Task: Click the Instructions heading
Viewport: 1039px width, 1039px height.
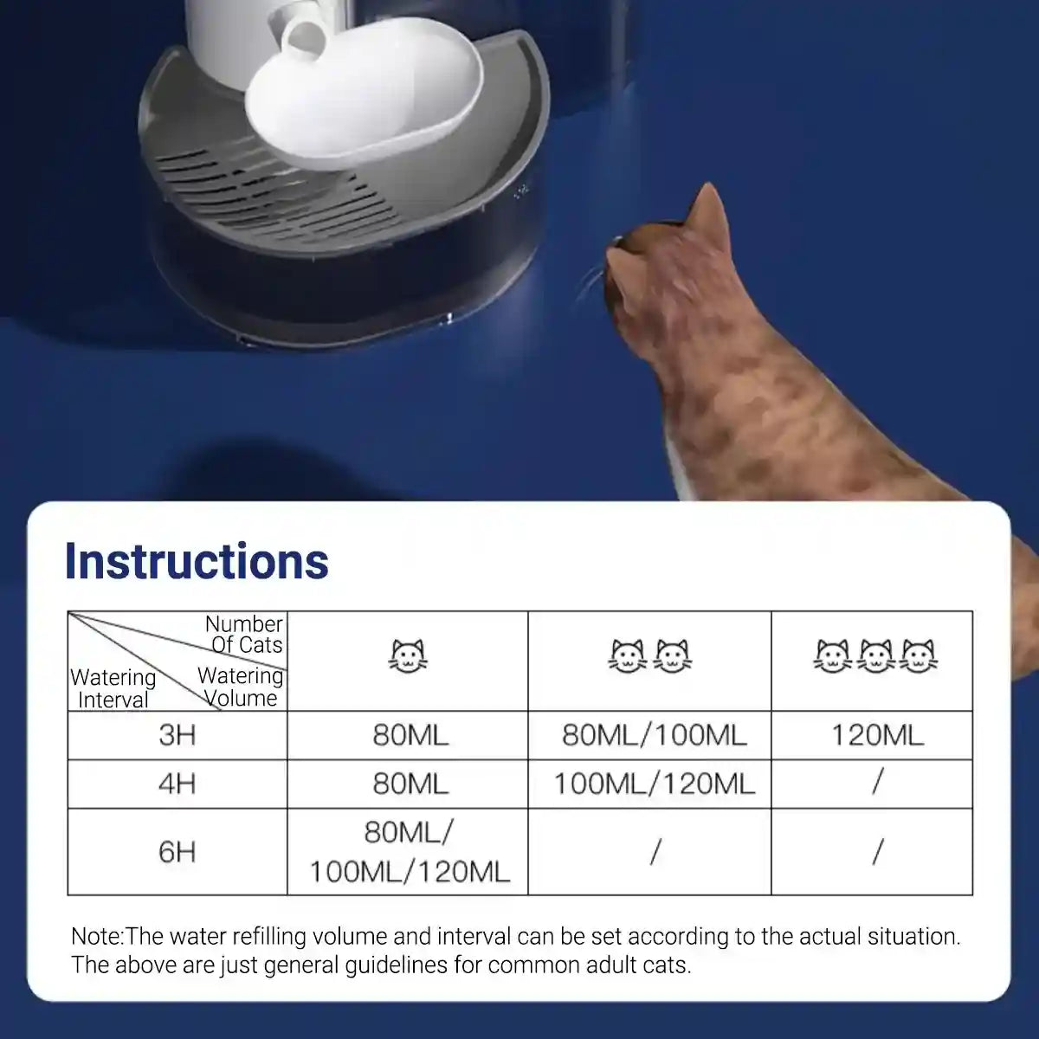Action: [197, 561]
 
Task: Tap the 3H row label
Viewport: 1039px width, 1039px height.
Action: [177, 735]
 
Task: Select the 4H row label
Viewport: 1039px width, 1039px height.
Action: [177, 784]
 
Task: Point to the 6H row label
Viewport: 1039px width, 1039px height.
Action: [177, 851]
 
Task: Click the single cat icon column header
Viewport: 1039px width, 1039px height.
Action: [408, 656]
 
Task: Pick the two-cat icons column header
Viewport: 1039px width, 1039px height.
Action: [649, 656]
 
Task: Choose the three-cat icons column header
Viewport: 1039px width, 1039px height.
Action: [874, 656]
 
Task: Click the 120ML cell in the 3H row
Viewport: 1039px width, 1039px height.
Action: [877, 735]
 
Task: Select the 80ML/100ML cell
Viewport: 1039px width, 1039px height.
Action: [654, 735]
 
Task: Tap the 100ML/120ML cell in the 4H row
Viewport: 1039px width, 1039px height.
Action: [654, 784]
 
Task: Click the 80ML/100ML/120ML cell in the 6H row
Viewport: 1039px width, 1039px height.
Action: [409, 852]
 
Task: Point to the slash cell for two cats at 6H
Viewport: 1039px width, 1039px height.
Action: [655, 852]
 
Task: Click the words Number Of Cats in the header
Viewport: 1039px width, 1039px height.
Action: [245, 634]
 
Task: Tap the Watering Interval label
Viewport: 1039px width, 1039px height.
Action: [113, 688]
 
